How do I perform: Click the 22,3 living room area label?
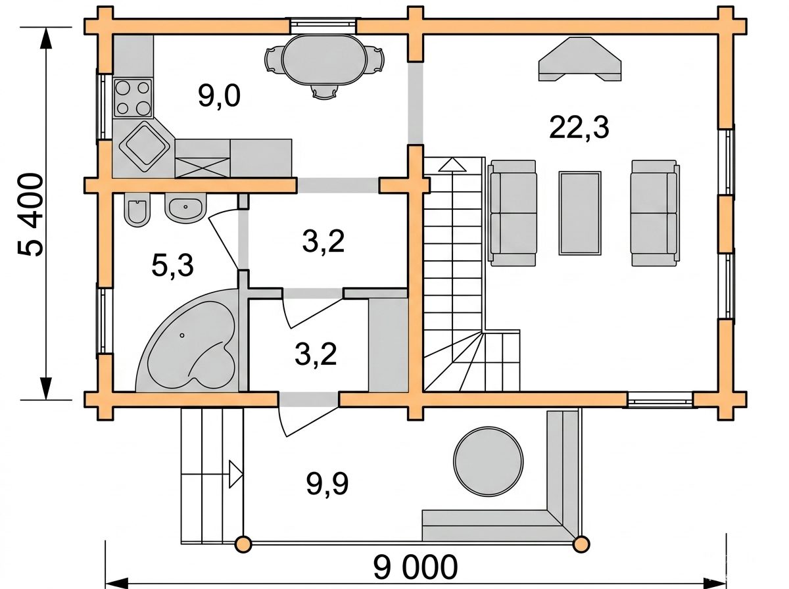click(x=579, y=128)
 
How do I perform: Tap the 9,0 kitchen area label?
click(x=219, y=96)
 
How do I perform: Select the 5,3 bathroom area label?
click(x=172, y=266)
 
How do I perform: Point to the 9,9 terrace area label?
click(x=327, y=484)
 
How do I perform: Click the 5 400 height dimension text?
click(x=30, y=215)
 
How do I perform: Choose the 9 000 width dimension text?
click(x=416, y=567)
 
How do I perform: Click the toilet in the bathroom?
click(x=137, y=211)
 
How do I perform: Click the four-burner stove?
click(x=133, y=98)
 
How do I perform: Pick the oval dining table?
click(x=325, y=60)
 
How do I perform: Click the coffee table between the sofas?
click(x=580, y=214)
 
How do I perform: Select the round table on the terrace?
click(x=488, y=461)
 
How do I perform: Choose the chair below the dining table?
click(x=325, y=92)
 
